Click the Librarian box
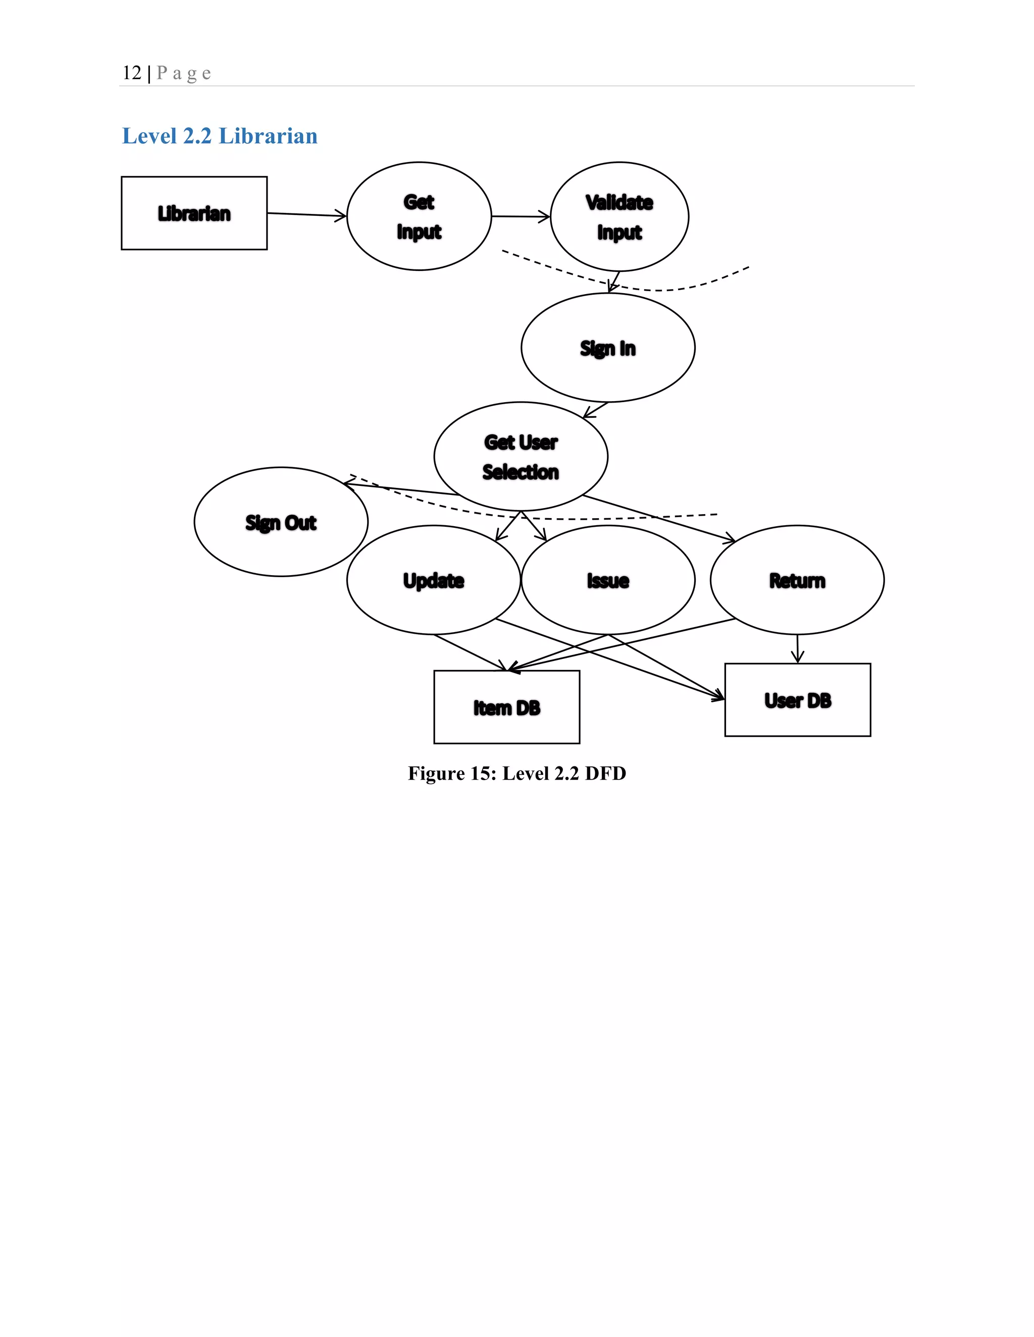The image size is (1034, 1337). point(194,213)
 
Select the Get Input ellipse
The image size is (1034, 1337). point(419,216)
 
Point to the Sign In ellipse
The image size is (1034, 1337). point(608,348)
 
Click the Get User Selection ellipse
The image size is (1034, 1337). point(521,457)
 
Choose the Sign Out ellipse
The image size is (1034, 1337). point(281,522)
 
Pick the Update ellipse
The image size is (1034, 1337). point(433,580)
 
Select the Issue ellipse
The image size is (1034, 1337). point(608,580)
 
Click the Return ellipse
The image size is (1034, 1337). point(797,580)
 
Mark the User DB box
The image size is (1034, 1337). point(798,700)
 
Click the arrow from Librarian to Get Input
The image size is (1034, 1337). point(306,214)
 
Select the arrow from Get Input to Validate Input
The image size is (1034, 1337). point(521,216)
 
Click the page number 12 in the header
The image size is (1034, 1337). point(132,73)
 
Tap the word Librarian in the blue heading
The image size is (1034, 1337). point(268,136)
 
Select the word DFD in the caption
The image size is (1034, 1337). point(605,773)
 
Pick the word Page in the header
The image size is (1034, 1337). point(184,74)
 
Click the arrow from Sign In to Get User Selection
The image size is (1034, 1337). point(595,410)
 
